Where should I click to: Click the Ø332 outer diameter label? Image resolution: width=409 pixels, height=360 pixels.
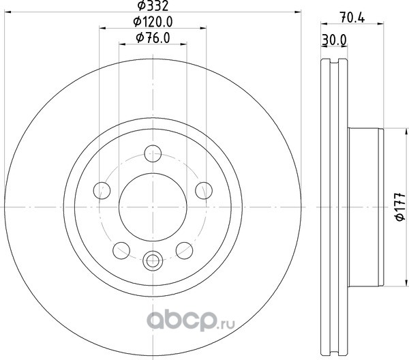[153, 5]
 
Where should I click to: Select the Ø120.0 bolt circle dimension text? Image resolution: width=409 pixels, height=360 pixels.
[153, 22]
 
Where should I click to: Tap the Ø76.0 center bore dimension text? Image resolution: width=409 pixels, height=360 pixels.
[153, 38]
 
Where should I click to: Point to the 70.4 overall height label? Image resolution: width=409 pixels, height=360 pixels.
[352, 18]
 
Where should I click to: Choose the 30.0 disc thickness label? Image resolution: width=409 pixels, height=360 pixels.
[335, 40]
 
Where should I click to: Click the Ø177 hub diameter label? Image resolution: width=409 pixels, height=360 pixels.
[400, 207]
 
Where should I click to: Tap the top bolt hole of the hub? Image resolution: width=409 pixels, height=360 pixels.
[153, 153]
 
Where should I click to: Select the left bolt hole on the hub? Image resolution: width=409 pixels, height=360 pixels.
[102, 191]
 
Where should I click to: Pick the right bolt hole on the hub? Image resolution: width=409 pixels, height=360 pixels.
[204, 191]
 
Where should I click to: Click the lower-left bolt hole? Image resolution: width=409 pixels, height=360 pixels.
[121, 251]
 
